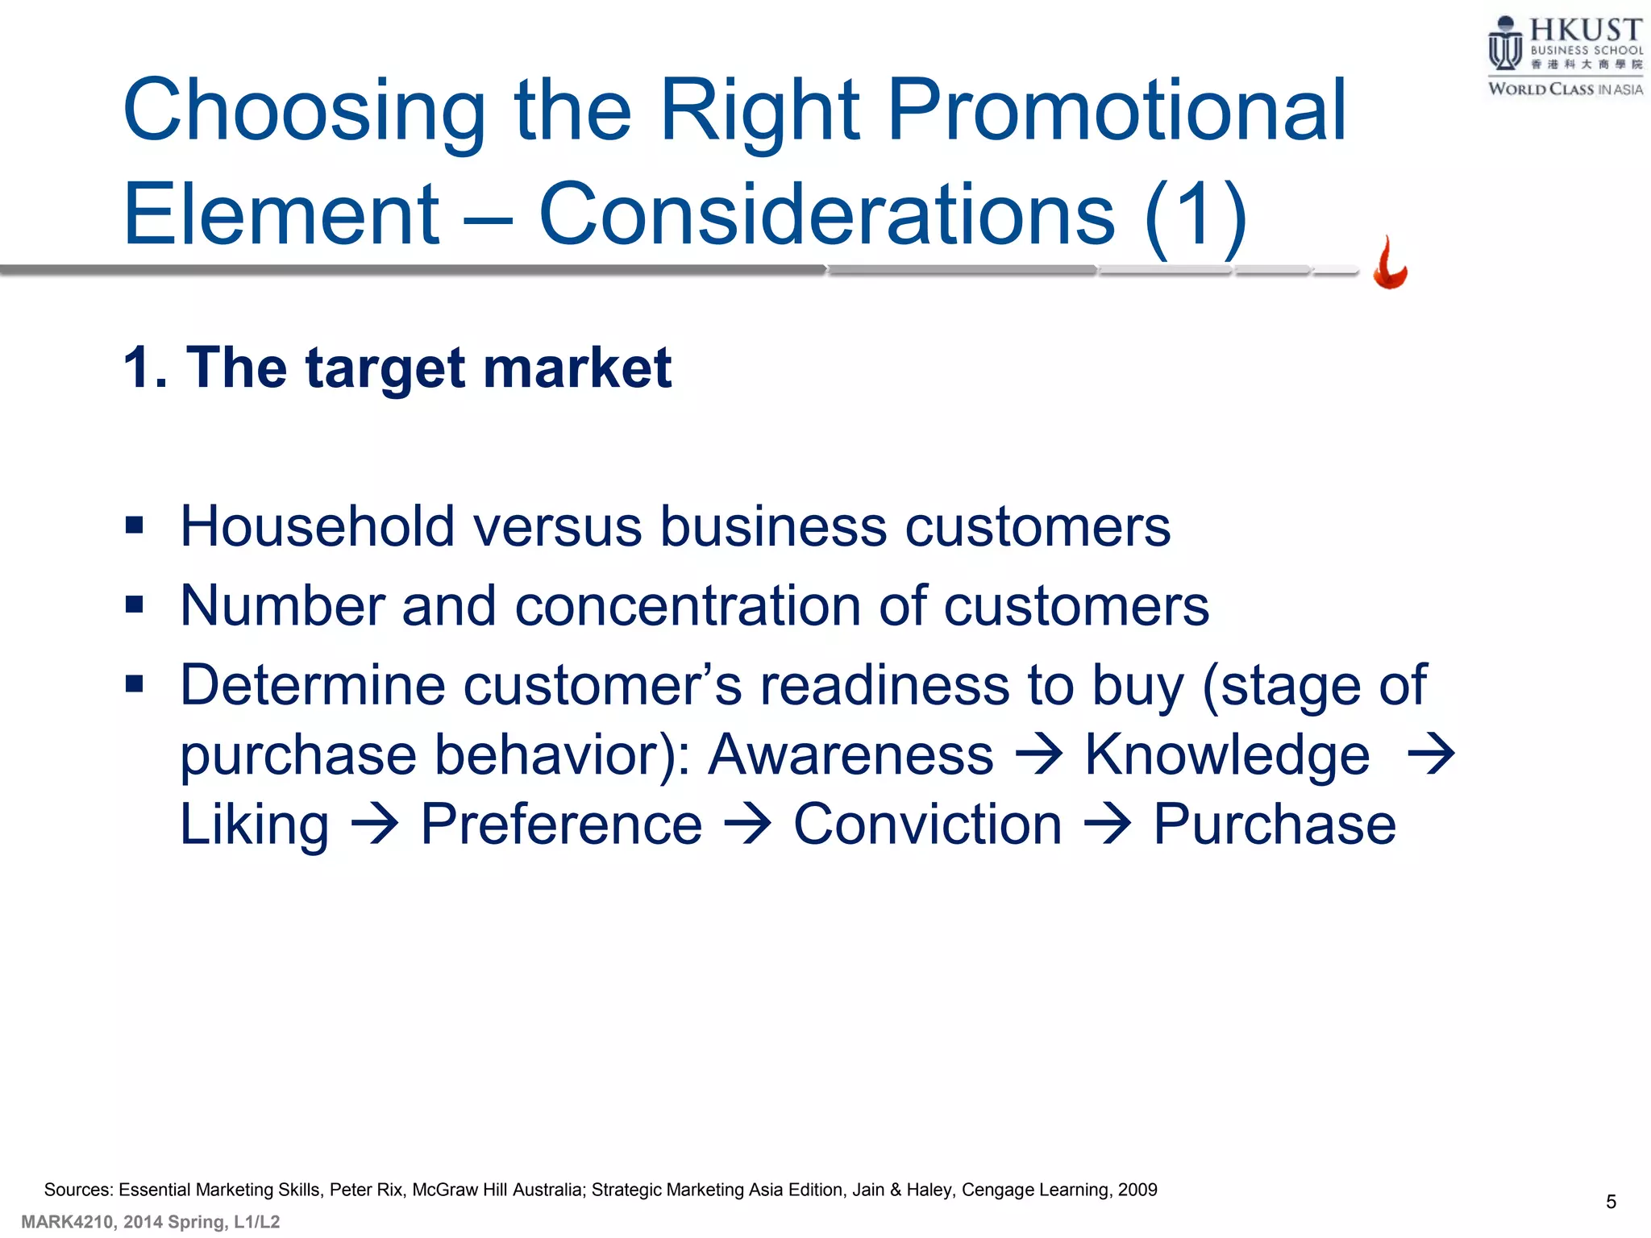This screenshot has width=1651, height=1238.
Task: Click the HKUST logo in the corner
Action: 1564,56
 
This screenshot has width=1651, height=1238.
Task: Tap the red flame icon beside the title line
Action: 1390,263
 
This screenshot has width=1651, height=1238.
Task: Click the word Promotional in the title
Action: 1116,110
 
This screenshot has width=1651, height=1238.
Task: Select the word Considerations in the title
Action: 826,214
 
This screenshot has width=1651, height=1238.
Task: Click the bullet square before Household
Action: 135,526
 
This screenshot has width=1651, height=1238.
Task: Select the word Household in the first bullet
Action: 318,526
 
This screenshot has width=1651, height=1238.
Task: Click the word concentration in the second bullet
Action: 688,606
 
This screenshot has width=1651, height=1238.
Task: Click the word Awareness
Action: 850,755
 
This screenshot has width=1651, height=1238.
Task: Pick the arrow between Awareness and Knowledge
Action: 1039,755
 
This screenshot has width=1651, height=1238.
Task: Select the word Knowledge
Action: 1226,755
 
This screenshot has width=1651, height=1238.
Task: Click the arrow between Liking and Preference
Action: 375,825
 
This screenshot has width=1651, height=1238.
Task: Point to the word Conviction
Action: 927,825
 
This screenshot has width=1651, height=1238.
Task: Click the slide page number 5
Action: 1611,1202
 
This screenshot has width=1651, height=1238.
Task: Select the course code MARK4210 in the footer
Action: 67,1222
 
